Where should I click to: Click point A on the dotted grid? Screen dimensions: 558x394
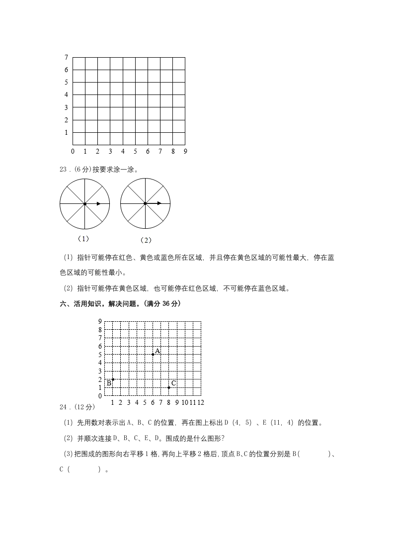click(x=153, y=354)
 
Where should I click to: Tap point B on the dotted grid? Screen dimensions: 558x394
click(x=113, y=379)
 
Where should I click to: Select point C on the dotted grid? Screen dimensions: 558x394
click(x=169, y=387)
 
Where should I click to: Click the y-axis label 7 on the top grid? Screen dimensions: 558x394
click(x=66, y=57)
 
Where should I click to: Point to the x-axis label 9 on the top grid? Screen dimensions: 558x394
click(x=185, y=151)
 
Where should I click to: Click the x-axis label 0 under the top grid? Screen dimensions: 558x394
click(x=73, y=151)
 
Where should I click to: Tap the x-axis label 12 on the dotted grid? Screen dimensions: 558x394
click(x=201, y=402)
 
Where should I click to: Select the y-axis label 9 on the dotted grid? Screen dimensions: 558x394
click(x=100, y=321)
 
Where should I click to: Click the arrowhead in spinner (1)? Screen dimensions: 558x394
click(x=99, y=203)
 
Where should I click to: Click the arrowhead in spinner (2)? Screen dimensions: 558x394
click(x=159, y=203)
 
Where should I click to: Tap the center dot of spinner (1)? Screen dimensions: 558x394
click(x=85, y=203)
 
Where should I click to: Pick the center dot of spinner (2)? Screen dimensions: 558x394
click(x=145, y=203)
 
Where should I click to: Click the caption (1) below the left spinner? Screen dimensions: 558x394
click(x=83, y=239)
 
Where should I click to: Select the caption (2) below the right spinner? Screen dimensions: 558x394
click(x=146, y=240)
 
